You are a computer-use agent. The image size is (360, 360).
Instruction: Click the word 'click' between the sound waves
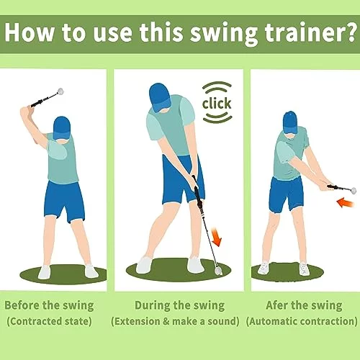click(217, 103)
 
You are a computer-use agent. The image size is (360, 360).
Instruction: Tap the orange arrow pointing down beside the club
click(216, 238)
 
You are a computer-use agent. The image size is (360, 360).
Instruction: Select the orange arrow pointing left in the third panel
click(346, 203)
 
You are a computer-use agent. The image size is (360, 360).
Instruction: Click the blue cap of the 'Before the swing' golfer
click(62, 127)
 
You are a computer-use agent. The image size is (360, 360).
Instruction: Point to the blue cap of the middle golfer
click(158, 97)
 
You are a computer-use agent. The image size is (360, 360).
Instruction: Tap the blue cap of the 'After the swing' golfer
click(290, 122)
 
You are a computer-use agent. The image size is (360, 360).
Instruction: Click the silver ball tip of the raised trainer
click(60, 91)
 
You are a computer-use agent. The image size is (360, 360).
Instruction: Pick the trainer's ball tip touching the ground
click(218, 271)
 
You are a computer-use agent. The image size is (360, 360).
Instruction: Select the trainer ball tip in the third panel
click(353, 190)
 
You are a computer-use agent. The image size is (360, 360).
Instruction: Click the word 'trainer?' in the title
click(310, 33)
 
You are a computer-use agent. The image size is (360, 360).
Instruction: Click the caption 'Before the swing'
click(49, 305)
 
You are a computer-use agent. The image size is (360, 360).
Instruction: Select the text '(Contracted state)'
click(49, 321)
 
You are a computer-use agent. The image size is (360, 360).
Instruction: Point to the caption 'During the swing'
click(179, 305)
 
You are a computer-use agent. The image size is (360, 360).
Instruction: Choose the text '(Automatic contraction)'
click(302, 321)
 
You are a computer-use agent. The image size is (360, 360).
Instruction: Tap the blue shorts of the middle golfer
click(183, 179)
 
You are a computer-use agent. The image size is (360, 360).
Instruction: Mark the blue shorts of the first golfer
click(64, 201)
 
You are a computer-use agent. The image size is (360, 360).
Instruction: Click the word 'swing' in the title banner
click(224, 34)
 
